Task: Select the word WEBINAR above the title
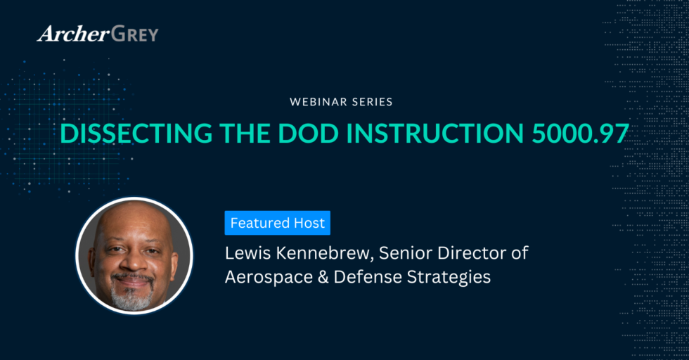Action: pos(317,102)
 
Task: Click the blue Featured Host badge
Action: pos(278,224)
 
